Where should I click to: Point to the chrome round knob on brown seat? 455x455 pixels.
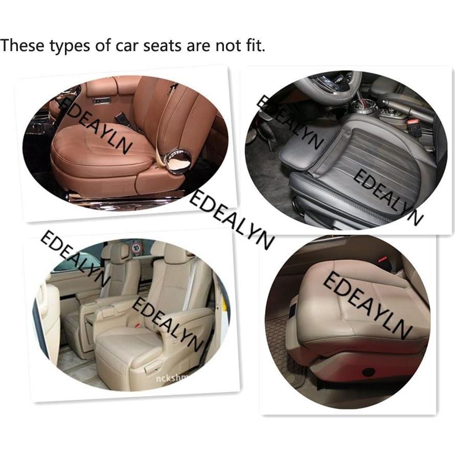coord(178,161)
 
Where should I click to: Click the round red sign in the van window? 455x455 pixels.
coord(136,248)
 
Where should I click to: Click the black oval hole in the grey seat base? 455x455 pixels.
coord(368,372)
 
